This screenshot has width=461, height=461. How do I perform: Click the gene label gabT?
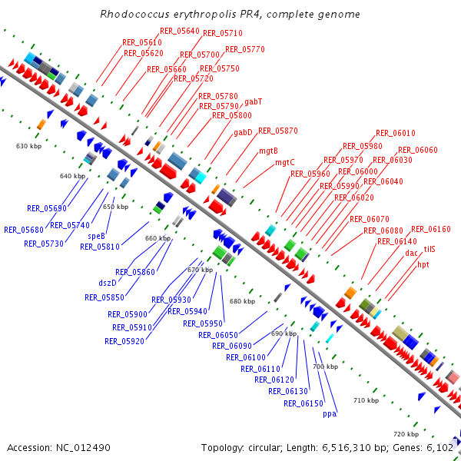pos(254,101)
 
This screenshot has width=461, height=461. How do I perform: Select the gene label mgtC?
pos(284,162)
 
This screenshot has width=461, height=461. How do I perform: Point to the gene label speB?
pos(97,236)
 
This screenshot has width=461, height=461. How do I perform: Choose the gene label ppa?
pos(330,413)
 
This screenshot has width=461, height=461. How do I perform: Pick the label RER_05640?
pos(180,31)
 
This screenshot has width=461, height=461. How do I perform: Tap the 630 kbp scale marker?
pos(28,145)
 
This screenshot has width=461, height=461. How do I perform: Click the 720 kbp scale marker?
pos(406,434)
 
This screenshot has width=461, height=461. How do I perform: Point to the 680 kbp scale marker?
pos(242,301)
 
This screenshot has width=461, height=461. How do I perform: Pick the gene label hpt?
pos(423,264)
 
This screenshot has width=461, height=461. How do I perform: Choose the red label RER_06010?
pos(395,133)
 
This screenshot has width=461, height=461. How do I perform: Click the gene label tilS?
pos(429,250)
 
